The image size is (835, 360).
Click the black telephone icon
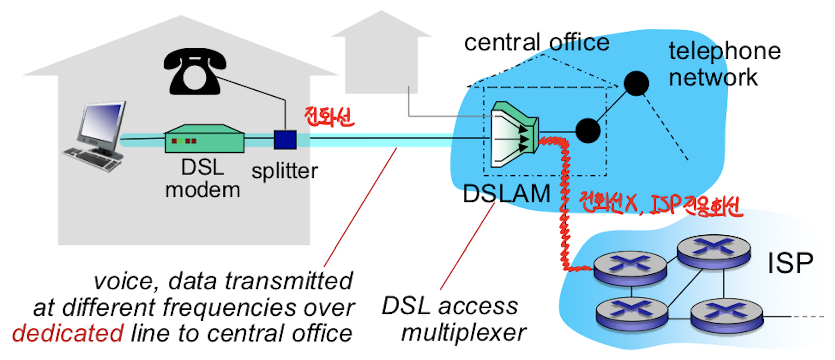pos(195,71)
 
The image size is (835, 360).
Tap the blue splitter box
pos(285,140)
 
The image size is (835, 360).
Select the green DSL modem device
pos(204,139)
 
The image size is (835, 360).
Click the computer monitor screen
pos(101,121)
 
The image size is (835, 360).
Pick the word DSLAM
pos(506,194)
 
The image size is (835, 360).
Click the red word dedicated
pos(68,333)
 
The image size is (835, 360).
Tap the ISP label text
pos(790,263)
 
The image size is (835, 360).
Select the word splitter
pos(285,171)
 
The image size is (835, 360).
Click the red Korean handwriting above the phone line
pos(329,117)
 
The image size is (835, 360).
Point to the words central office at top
pos(537,43)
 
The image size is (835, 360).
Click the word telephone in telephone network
pos(725,51)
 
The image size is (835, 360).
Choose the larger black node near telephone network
pos(636,83)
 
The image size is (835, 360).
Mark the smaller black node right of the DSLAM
pos(588,131)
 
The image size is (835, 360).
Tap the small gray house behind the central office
pos(381,56)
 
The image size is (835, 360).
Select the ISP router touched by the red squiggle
pos(630,267)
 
